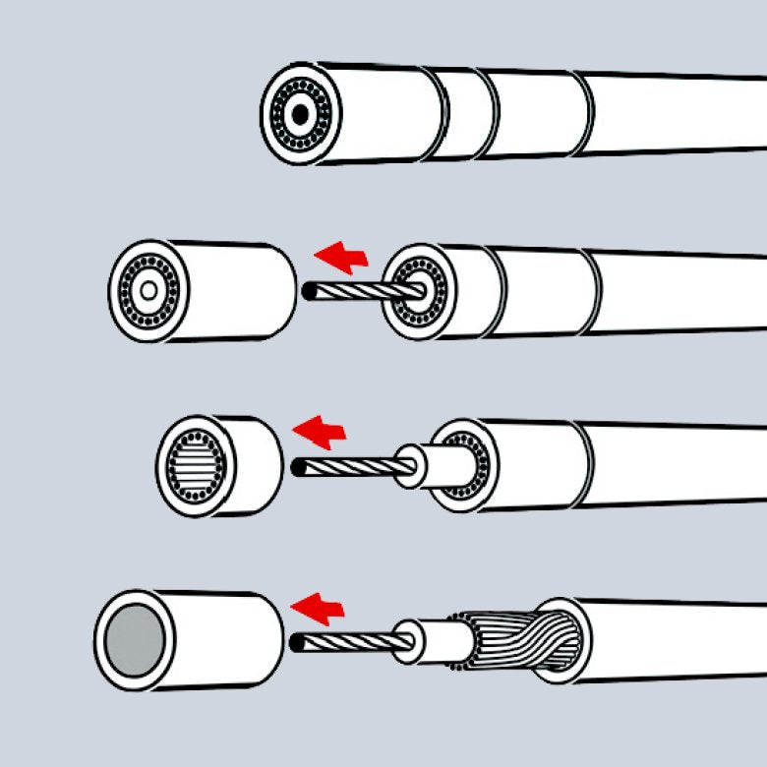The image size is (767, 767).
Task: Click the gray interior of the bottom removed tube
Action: point(135,640)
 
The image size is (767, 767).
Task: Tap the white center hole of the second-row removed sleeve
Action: point(148,290)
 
